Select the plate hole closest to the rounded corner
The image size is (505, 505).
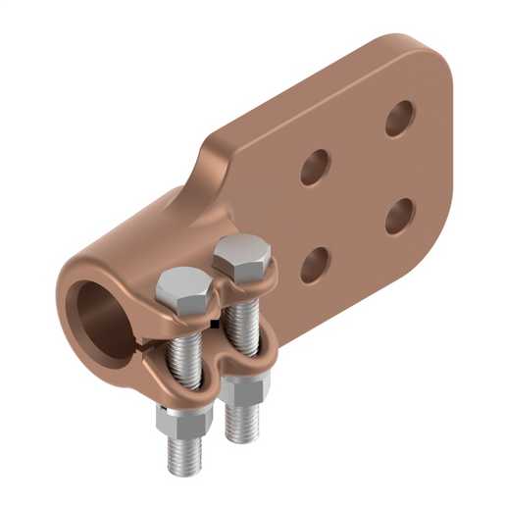tap(399, 119)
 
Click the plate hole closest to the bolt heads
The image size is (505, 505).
tap(313, 264)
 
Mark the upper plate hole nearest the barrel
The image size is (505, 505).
tap(314, 167)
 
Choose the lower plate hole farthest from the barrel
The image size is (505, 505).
tap(399, 215)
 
